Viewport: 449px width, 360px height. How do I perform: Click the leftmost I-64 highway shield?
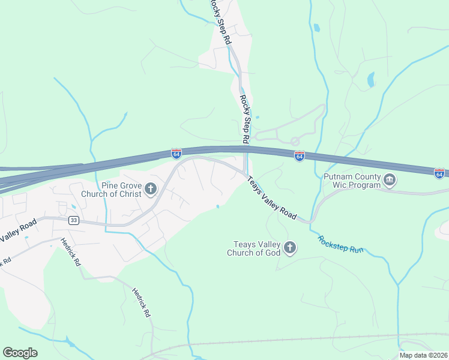pos(176,154)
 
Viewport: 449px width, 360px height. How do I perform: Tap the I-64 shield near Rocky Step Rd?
pos(299,156)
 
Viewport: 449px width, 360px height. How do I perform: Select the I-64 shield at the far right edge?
pos(439,173)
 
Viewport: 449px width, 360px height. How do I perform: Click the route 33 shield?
pos(73,220)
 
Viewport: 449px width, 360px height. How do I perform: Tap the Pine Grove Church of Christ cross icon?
pos(150,190)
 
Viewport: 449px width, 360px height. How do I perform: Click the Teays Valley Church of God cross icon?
pos(290,248)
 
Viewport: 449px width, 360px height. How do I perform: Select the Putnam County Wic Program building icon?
pos(389,181)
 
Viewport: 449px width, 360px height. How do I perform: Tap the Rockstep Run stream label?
pos(341,244)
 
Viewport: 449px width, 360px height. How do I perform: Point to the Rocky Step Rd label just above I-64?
pos(245,119)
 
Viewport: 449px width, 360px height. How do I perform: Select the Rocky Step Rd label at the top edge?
pos(220,22)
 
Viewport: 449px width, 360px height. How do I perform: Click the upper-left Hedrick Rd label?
pos(70,251)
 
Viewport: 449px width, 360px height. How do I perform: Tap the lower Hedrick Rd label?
pos(142,302)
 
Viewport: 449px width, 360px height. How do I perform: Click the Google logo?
pos(20,353)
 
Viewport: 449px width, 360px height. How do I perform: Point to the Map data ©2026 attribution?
pos(424,355)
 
